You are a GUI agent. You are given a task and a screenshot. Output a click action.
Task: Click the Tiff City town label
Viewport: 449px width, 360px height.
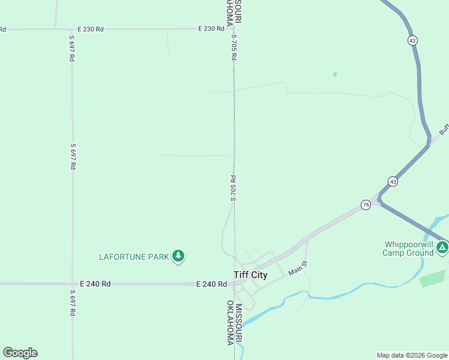pos(250,275)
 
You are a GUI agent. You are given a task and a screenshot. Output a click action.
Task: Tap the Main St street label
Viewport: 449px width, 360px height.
pos(298,268)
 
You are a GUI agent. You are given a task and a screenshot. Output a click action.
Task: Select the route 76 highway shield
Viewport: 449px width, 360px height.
pos(366,205)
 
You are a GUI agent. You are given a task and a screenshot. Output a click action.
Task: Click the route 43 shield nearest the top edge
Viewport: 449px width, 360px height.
pos(412,40)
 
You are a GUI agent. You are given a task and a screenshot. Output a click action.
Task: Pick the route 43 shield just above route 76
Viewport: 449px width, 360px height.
pos(392,181)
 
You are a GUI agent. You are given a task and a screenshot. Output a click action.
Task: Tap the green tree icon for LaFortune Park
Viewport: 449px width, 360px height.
pos(178,256)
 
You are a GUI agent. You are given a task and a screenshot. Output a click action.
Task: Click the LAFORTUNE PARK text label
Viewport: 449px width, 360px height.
pos(134,257)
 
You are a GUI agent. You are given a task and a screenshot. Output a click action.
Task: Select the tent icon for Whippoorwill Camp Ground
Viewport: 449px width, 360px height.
pos(442,247)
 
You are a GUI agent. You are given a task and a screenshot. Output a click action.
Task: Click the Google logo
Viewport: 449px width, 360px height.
pos(20,353)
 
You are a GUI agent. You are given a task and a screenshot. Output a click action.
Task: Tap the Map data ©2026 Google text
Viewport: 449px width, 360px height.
pos(412,355)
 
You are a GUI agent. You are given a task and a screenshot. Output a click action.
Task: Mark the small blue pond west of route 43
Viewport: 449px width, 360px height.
pos(334,74)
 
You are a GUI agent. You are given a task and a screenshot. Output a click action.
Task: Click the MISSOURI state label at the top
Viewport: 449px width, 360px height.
pos(238,12)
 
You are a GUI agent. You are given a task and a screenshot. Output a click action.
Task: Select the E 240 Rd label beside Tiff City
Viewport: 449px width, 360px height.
pos(212,284)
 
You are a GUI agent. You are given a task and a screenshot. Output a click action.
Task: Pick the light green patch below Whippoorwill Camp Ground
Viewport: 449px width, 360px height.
pos(432,278)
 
